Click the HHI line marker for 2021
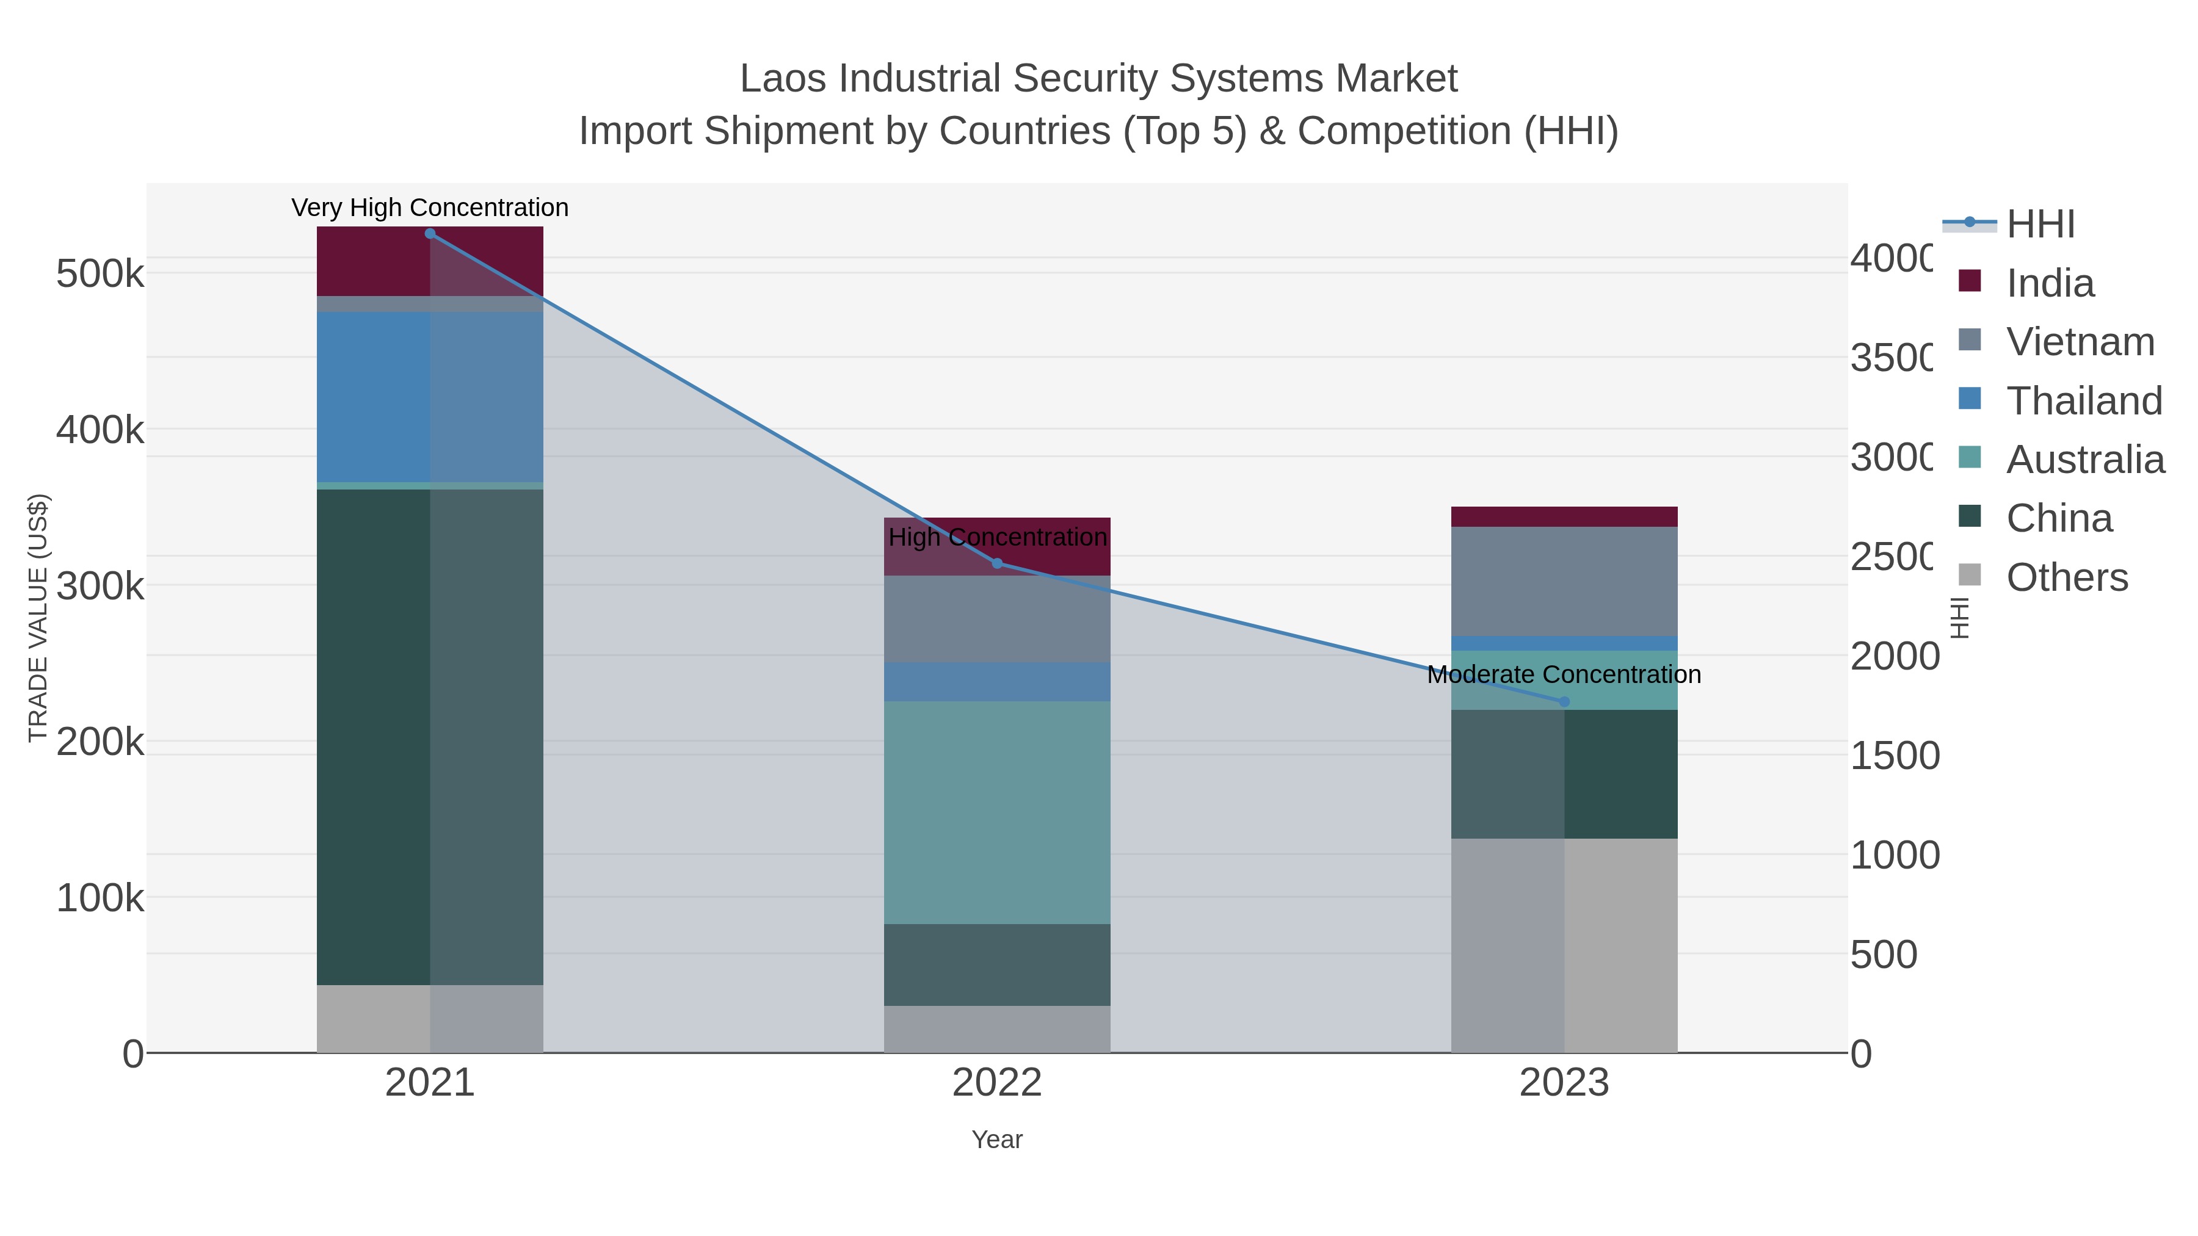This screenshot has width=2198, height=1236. [430, 234]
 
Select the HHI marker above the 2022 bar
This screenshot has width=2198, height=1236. [998, 564]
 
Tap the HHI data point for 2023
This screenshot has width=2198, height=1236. [1564, 702]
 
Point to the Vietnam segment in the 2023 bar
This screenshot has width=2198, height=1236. [1564, 581]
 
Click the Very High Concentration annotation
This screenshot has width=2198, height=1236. [430, 208]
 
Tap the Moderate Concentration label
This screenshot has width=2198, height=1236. [1564, 674]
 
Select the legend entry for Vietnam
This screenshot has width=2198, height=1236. [2080, 342]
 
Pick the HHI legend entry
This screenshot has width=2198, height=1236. [2040, 225]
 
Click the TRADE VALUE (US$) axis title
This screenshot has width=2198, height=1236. [37, 618]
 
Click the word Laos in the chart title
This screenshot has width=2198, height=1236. [783, 79]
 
